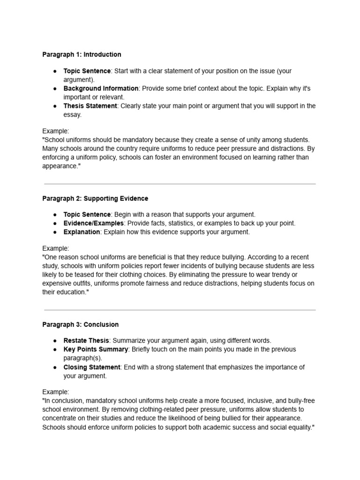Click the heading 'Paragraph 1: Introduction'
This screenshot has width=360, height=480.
click(82, 54)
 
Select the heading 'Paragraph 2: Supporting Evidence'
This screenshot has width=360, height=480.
click(95, 198)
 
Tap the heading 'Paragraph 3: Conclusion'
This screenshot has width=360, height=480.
click(80, 324)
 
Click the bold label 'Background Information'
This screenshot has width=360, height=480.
click(101, 88)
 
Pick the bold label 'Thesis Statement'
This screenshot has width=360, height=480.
click(90, 106)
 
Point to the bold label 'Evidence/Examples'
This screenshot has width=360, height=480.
click(94, 223)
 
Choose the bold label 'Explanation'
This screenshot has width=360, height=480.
click(82, 232)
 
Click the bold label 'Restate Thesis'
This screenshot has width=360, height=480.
click(86, 340)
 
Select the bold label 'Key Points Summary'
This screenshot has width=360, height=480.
click(96, 349)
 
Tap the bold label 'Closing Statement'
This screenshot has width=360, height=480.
click(92, 367)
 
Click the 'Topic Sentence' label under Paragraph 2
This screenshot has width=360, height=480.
click(87, 214)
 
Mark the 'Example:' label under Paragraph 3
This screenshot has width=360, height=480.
click(55, 391)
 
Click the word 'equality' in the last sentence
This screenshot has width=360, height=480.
click(297, 427)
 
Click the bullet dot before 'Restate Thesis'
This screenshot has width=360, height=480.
click(55, 341)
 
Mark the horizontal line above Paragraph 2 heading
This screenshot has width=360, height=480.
click(180, 184)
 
